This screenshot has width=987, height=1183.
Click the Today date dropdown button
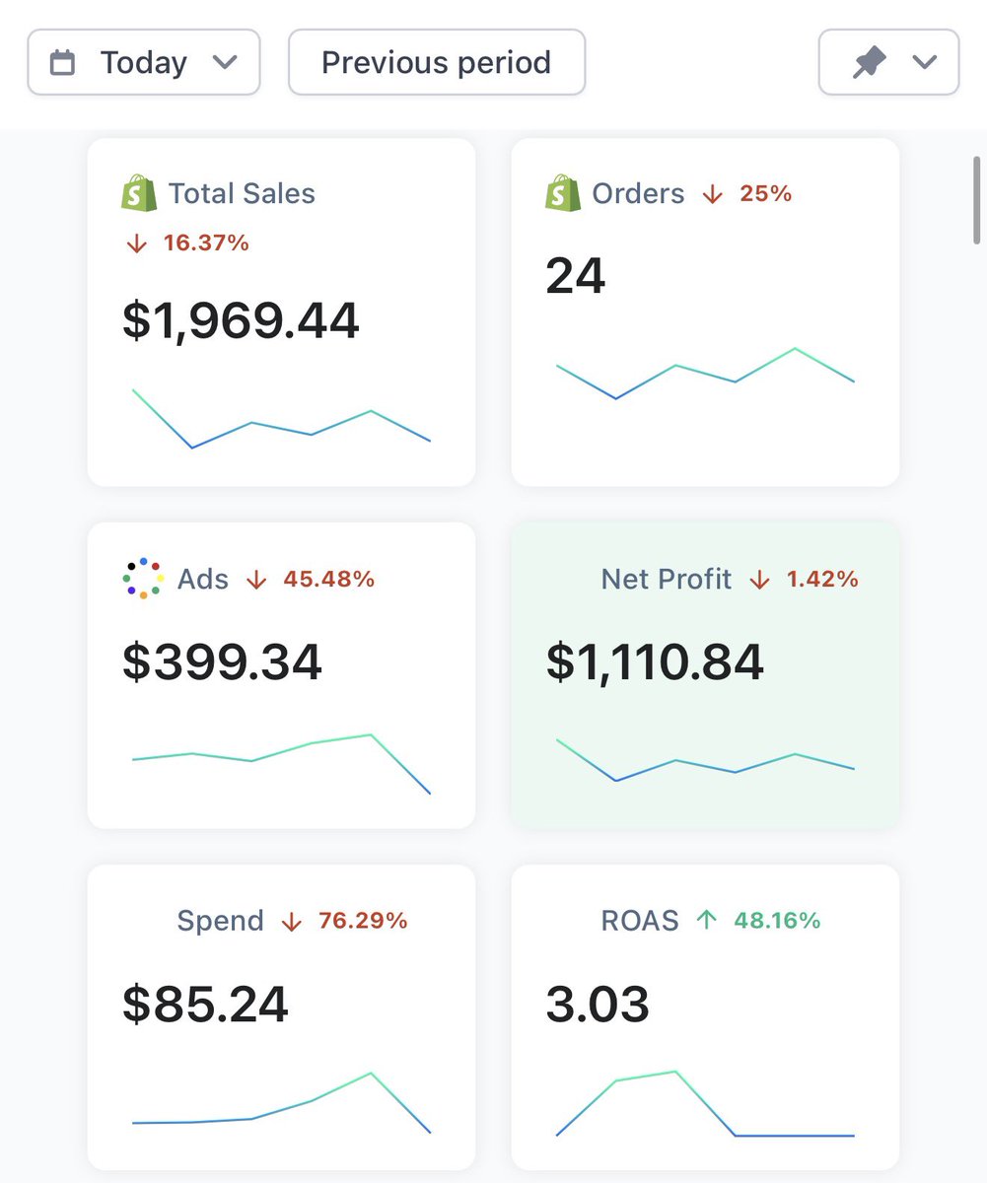[x=144, y=62]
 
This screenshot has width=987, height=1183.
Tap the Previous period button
[x=436, y=62]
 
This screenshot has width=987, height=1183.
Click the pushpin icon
[x=869, y=62]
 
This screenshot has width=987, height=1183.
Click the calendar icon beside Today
[x=62, y=62]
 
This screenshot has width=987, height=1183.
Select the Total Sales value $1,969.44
[x=241, y=321]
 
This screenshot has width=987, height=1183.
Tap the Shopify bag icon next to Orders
[x=563, y=192]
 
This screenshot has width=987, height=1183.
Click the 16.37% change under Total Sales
[x=206, y=244]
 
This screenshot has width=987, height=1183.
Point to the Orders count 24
[x=575, y=276]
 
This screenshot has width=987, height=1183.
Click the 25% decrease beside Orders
[x=765, y=193]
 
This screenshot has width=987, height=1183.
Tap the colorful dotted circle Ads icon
[x=143, y=579]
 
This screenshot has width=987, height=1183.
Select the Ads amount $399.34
[x=222, y=661]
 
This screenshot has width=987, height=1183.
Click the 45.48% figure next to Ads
[x=329, y=579]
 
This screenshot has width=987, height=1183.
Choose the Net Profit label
[x=667, y=579]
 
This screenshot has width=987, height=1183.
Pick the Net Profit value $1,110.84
[x=655, y=661]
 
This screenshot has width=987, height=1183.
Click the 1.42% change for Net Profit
[x=822, y=579]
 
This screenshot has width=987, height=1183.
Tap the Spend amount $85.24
[x=205, y=1004]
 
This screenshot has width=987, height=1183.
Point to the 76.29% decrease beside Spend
[x=363, y=921]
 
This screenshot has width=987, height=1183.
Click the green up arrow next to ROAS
[x=707, y=920]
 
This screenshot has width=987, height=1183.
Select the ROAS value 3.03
[x=598, y=1004]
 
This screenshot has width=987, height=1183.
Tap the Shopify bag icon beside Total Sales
[x=139, y=192]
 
